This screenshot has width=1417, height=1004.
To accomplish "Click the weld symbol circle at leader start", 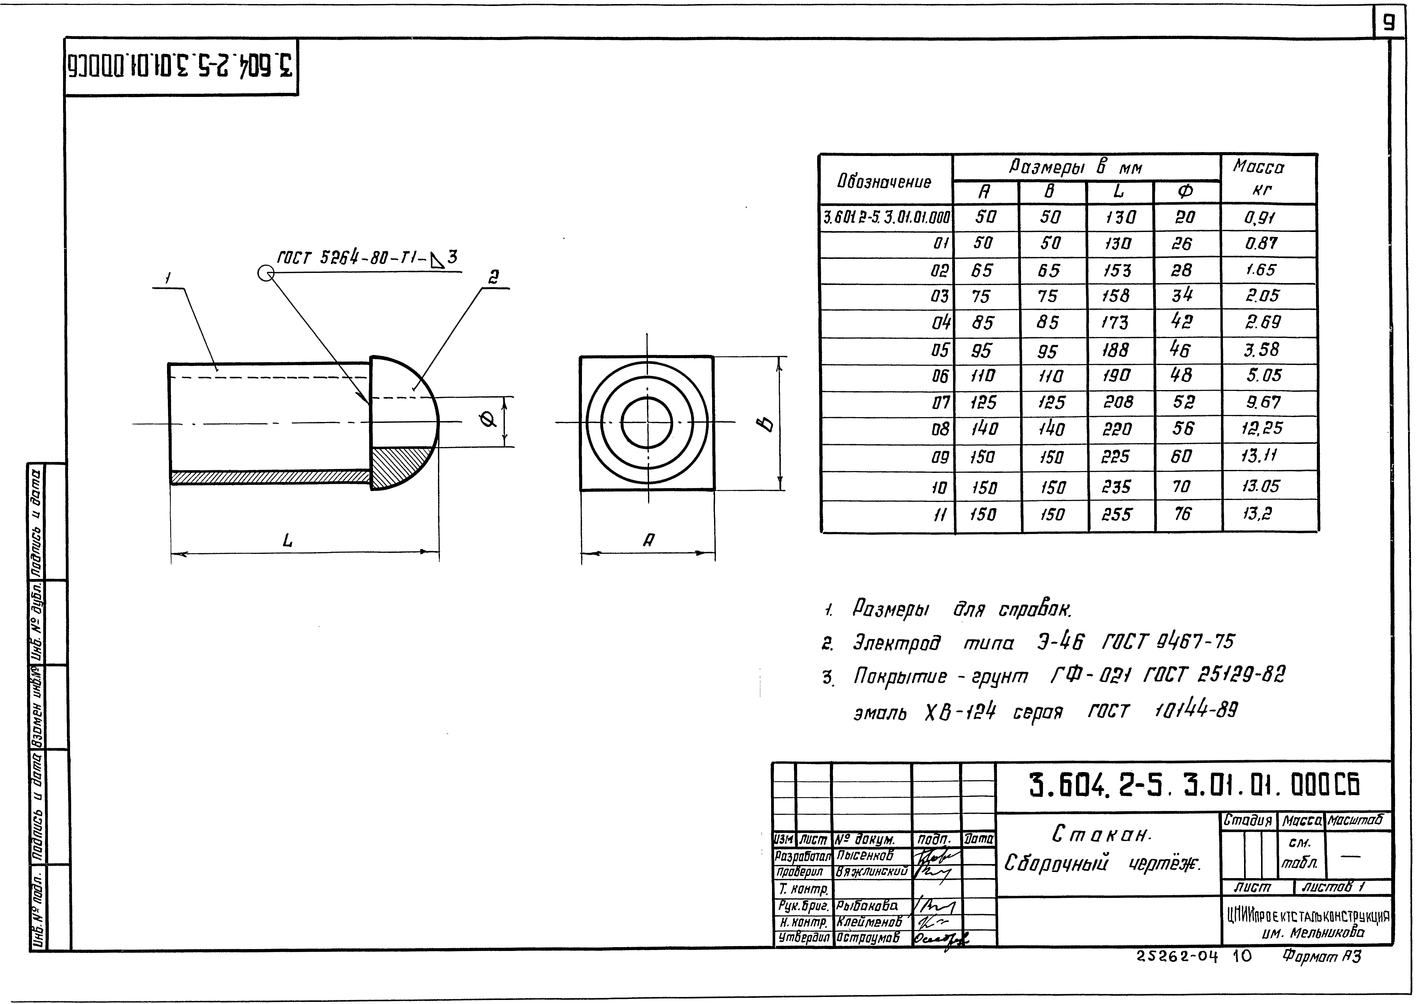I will point(266,273).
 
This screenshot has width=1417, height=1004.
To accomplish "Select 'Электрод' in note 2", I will point(896,644).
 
